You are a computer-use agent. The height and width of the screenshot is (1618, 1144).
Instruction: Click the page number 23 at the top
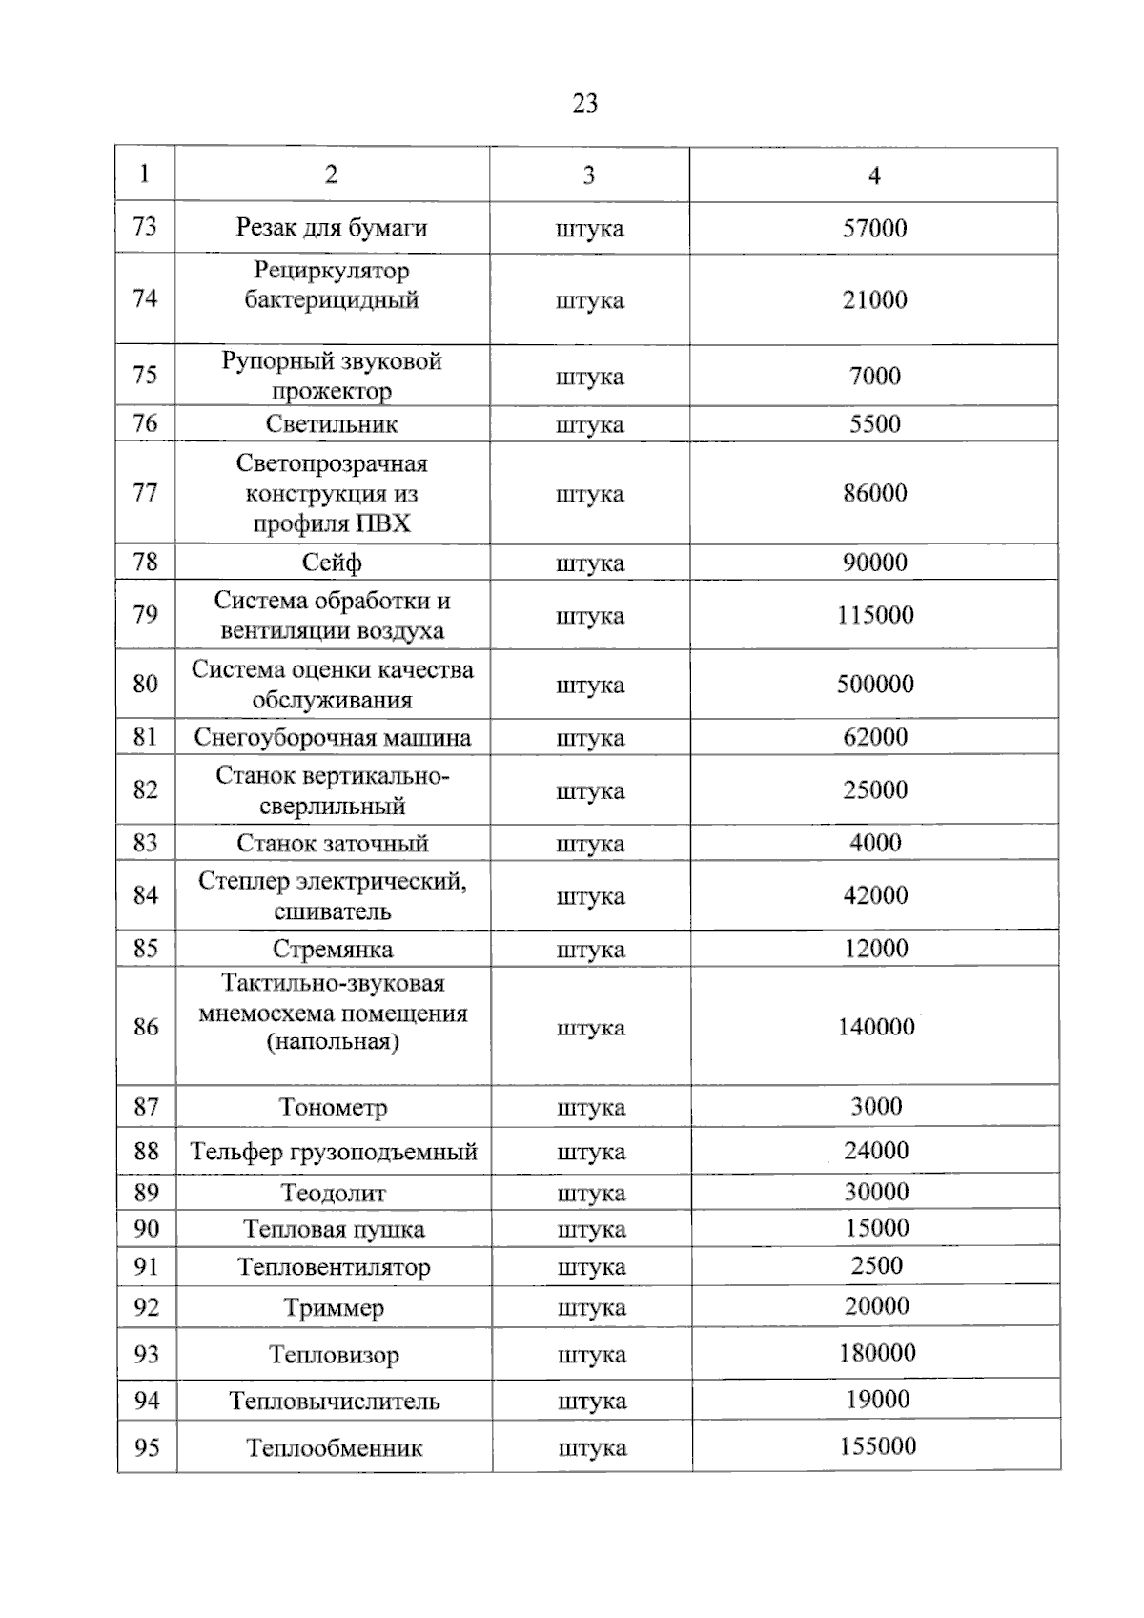click(x=584, y=103)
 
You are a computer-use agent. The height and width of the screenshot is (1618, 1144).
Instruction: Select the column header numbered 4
click(x=874, y=175)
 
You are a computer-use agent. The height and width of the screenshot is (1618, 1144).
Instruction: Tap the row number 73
click(x=145, y=227)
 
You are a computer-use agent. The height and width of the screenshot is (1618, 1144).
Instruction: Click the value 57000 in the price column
click(x=874, y=229)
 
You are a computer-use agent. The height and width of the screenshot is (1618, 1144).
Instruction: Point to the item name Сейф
click(x=332, y=563)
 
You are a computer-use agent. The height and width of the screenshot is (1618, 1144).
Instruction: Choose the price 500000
click(x=875, y=685)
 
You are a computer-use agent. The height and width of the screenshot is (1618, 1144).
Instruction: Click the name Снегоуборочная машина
click(x=332, y=738)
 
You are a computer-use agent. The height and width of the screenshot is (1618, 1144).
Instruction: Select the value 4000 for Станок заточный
click(x=875, y=843)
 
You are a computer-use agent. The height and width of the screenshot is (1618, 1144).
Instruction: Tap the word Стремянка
click(x=332, y=950)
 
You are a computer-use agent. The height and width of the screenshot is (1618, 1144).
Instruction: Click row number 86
click(x=146, y=1028)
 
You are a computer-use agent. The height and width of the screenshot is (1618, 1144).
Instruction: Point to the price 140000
click(x=876, y=1028)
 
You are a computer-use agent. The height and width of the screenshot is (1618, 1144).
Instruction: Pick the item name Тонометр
click(x=333, y=1108)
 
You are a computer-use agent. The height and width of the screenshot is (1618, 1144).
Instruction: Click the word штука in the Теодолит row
click(x=591, y=1194)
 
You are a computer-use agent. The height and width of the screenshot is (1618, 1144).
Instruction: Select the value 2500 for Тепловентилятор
click(x=876, y=1266)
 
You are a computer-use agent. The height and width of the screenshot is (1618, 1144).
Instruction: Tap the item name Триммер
click(x=334, y=1308)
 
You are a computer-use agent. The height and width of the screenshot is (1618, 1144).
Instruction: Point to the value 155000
click(x=877, y=1447)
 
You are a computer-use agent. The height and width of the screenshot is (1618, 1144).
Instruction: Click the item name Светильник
click(x=332, y=425)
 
